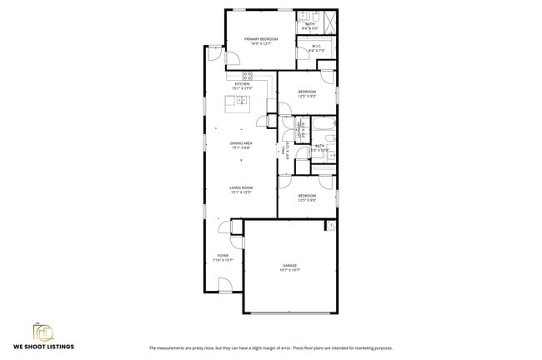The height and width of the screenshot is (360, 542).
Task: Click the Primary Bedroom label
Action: pyautogui.click(x=260, y=38)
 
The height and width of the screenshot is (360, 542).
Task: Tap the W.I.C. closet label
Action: pyautogui.click(x=317, y=46)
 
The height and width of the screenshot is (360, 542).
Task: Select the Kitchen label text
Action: pyautogui.click(x=243, y=84)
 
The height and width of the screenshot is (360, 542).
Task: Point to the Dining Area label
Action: pyautogui.click(x=242, y=143)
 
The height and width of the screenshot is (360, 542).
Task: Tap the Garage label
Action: pyautogui.click(x=289, y=265)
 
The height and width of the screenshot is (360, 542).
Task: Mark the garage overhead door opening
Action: pyautogui.click(x=289, y=312)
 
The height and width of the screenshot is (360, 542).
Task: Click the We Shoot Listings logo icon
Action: pyautogui.click(x=41, y=331)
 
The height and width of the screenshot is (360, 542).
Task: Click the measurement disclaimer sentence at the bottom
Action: pyautogui.click(x=271, y=347)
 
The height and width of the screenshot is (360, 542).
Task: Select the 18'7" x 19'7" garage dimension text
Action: pyautogui.click(x=289, y=270)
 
